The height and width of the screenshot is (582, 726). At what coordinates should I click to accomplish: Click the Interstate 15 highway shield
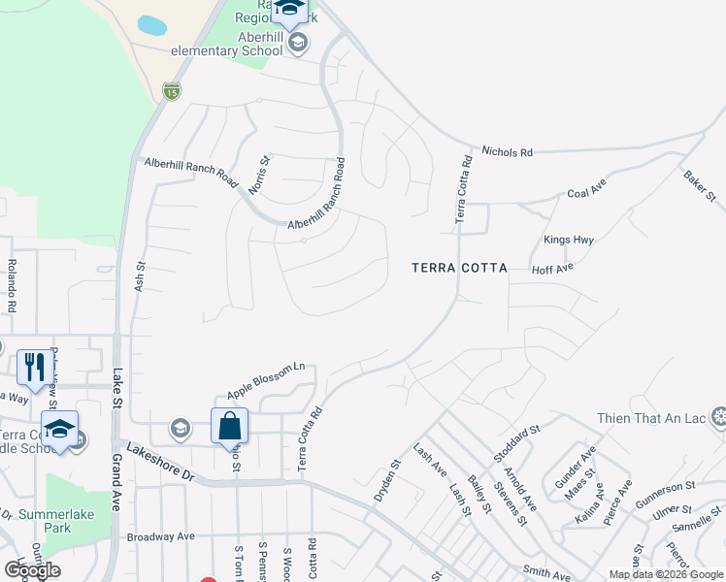[171, 91]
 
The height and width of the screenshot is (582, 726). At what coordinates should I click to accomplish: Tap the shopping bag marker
[229, 425]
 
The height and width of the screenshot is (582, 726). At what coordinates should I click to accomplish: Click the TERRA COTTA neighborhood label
[459, 268]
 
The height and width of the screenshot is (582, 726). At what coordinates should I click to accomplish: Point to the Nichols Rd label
[508, 152]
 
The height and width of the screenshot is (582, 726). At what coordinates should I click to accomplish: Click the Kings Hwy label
[569, 240]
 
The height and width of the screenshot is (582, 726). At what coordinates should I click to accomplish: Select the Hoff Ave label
[553, 268]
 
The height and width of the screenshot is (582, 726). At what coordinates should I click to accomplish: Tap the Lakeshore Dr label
[161, 465]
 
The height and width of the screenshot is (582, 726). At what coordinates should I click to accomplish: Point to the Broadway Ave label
[161, 536]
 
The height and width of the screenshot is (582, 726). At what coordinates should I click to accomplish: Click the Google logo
[32, 570]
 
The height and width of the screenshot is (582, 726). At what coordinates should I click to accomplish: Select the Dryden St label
[387, 480]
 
